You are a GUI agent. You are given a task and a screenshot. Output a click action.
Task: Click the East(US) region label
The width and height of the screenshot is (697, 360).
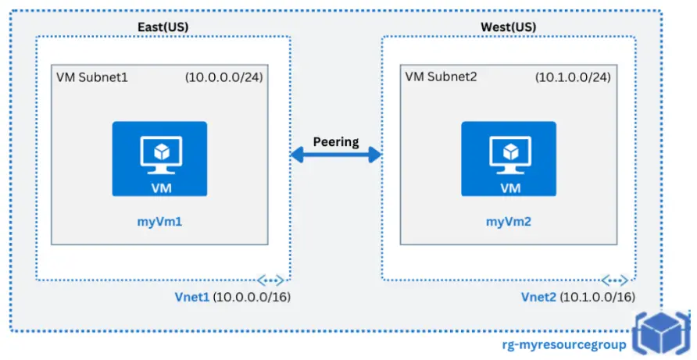pyautogui.click(x=163, y=27)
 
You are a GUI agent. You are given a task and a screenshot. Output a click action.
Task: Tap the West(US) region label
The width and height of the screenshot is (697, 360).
pyautogui.click(x=509, y=27)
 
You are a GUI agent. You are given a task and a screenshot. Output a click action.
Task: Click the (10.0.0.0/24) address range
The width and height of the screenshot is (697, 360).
pyautogui.click(x=223, y=78)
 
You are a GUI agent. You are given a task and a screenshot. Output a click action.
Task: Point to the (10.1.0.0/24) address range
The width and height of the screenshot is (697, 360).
pyautogui.click(x=572, y=78)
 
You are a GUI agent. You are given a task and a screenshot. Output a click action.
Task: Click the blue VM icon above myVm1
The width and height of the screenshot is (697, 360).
pyautogui.click(x=159, y=159)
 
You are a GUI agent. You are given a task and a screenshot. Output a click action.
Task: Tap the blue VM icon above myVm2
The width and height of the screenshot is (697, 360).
pyautogui.click(x=509, y=159)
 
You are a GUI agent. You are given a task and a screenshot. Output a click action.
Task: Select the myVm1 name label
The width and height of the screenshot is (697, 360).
pyautogui.click(x=159, y=223)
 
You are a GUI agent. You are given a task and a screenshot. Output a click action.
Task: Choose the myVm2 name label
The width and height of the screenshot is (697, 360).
pyautogui.click(x=509, y=223)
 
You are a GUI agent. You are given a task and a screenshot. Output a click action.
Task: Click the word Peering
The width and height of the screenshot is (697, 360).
pyautogui.click(x=335, y=142)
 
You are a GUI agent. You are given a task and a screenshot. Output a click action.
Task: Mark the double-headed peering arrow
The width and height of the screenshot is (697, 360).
pyautogui.click(x=335, y=155)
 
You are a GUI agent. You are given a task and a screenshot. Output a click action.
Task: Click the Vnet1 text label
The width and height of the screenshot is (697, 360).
pyautogui.click(x=192, y=298)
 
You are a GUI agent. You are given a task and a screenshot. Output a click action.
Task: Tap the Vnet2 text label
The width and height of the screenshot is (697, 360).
pyautogui.click(x=539, y=298)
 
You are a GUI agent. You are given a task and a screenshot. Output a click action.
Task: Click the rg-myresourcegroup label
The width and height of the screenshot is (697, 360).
pyautogui.click(x=563, y=344)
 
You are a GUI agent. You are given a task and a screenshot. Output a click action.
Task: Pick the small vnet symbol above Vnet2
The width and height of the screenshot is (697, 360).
pyautogui.click(x=616, y=280)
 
